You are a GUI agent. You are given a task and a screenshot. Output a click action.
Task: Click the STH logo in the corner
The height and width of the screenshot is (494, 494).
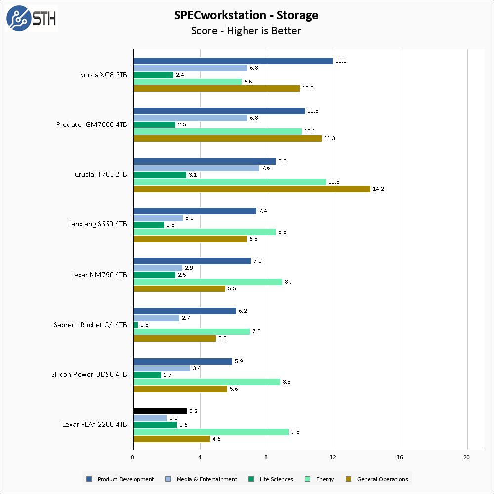tap(31, 19)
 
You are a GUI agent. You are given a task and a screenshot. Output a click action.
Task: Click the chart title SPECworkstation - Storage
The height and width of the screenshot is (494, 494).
tap(246, 15)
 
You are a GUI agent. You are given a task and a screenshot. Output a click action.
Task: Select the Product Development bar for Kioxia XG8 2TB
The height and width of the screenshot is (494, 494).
tap(233, 61)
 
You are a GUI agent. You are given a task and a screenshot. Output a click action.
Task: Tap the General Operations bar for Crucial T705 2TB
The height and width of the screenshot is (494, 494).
tap(252, 189)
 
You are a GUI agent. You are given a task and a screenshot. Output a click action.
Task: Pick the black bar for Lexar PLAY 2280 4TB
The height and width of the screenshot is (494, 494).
tap(160, 411)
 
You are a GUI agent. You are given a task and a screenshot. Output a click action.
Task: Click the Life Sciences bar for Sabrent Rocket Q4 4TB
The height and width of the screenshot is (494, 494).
tap(136, 325)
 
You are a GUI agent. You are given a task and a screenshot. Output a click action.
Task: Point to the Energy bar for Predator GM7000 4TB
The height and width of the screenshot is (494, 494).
tap(217, 131)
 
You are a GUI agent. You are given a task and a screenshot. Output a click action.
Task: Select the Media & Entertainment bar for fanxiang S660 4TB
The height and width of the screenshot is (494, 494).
tap(158, 218)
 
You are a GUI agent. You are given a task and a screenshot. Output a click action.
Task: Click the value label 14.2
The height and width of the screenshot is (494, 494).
tap(378, 189)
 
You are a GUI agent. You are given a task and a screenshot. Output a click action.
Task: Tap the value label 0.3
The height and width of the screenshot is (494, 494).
tap(144, 325)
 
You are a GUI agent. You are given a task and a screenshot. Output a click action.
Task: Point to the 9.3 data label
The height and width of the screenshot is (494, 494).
tap(296, 432)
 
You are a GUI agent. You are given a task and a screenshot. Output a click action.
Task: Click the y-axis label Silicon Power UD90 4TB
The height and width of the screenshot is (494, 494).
tap(89, 374)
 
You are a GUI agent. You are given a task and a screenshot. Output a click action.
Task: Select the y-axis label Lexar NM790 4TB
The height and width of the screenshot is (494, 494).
tap(99, 275)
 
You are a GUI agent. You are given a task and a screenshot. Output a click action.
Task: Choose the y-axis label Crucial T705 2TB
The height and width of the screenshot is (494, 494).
tap(101, 174)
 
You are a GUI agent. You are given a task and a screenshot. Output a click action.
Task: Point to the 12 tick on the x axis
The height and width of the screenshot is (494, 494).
tap(333, 457)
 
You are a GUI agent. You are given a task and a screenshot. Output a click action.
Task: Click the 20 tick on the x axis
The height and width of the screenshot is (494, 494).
tap(467, 457)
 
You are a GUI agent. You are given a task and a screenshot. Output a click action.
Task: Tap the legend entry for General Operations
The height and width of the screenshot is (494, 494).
tap(382, 479)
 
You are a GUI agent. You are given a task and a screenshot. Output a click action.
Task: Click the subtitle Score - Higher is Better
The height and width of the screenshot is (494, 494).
tap(246, 31)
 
